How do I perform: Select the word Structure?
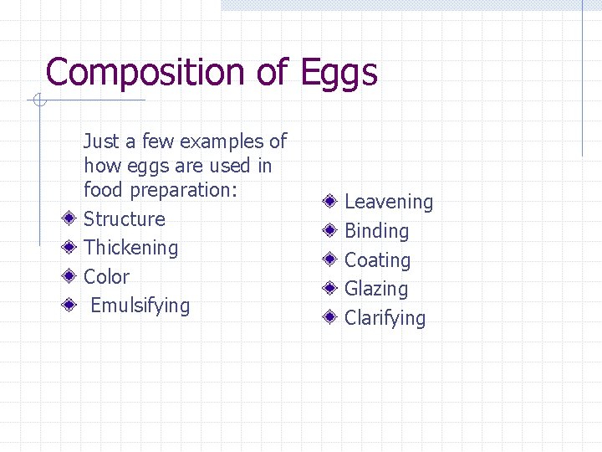(x=125, y=219)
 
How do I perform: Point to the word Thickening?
(x=131, y=248)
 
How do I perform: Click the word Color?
(x=107, y=277)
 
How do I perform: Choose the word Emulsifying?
(x=140, y=306)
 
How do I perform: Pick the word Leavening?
(x=389, y=202)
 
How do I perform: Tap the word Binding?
(x=376, y=231)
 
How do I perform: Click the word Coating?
(x=378, y=260)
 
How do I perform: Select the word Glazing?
(x=376, y=289)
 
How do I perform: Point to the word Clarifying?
(x=385, y=318)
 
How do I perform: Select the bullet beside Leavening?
(x=331, y=202)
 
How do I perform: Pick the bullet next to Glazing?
(x=331, y=289)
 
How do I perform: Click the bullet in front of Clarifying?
(x=331, y=318)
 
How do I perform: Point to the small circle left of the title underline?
(x=38, y=101)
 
